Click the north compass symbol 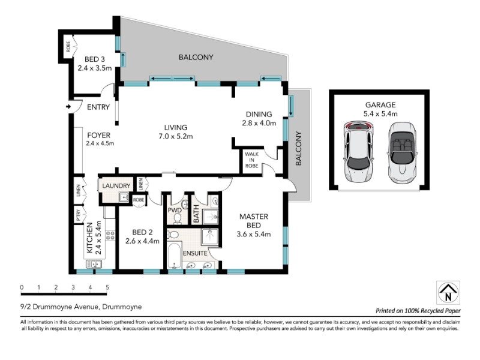[448, 293]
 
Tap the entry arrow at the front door [68, 107]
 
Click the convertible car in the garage [402, 152]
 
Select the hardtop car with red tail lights [358, 152]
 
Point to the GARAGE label [380, 104]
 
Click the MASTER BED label [254, 221]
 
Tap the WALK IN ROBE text [251, 160]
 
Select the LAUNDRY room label [116, 185]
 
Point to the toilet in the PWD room [177, 218]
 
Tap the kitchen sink [94, 264]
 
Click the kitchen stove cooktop [110, 235]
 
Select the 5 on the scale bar [107, 287]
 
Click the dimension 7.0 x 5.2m [176, 137]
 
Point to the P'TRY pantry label [79, 215]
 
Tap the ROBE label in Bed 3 [68, 46]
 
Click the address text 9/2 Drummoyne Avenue [59, 307]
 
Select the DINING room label [259, 114]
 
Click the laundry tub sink [124, 197]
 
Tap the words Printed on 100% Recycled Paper [418, 311]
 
